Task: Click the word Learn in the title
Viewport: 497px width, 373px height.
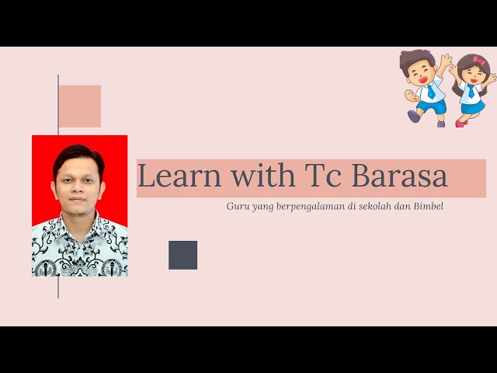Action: [179, 175]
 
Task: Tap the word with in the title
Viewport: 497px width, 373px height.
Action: [263, 174]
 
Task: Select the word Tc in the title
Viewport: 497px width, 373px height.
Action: [323, 175]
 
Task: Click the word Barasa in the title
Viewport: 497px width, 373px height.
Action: [400, 175]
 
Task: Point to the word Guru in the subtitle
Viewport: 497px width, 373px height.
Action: [235, 206]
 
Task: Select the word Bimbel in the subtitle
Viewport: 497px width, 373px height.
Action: [428, 206]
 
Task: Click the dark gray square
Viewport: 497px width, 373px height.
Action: [183, 255]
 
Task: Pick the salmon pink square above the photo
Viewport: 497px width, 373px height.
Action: [80, 106]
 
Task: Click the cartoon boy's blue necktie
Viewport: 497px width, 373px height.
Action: [431, 92]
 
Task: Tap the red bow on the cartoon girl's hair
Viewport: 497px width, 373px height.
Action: [478, 60]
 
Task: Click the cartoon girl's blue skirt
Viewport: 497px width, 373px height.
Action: [473, 106]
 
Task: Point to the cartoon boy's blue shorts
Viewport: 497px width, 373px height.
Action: [432, 106]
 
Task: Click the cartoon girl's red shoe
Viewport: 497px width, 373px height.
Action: [461, 123]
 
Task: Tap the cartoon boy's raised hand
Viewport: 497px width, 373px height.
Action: [446, 60]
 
